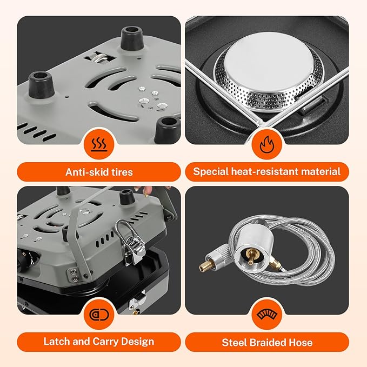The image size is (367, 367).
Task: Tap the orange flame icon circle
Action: click(267, 144)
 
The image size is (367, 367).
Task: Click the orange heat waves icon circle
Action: click(99, 144)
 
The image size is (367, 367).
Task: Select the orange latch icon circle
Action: click(99, 315)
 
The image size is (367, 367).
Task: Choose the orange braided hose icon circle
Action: click(267, 315)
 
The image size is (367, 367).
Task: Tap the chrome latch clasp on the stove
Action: click(130, 243)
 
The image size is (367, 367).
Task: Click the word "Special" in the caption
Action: click(211, 171)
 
